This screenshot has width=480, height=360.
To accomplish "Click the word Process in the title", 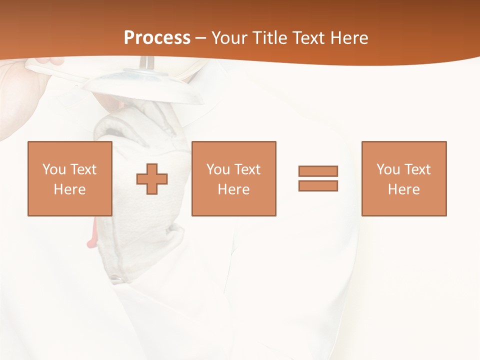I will [157, 37].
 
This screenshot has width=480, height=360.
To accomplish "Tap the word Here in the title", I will [349, 37].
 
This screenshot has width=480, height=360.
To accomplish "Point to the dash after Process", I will [201, 38].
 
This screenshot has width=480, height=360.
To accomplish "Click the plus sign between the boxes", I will [152, 179].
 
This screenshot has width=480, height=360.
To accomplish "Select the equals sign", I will [318, 178].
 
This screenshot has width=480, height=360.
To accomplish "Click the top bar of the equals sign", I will [318, 171].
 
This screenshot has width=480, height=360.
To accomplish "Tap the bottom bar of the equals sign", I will [318, 185].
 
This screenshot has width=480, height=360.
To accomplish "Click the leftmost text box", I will [70, 178].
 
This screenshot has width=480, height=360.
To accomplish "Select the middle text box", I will [234, 178].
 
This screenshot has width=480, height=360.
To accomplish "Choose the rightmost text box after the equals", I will [404, 178].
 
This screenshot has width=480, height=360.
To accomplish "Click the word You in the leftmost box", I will [53, 169].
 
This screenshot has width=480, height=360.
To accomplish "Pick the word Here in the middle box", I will [234, 189].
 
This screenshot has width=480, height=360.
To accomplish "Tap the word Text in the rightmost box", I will [417, 169].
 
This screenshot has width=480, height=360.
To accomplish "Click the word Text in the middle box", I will [247, 169].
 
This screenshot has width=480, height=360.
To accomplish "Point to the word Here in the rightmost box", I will [404, 189].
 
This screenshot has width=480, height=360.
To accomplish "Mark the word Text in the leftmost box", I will [83, 169].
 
